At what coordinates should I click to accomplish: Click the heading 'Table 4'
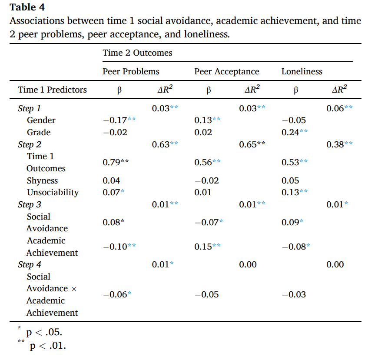(27, 7)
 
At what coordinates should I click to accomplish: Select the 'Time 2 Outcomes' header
(137, 53)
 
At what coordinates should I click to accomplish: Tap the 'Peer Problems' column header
(131, 71)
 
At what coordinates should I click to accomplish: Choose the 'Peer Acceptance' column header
(227, 71)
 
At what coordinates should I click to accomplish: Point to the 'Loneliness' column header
(302, 71)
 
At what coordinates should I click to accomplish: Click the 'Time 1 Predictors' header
(52, 90)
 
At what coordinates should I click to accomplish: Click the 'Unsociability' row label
(53, 192)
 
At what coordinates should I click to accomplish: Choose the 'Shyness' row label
(42, 180)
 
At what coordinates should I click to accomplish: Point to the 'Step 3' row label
(30, 204)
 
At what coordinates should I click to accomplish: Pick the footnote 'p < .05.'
(44, 332)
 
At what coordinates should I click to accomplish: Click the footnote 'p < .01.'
(48, 346)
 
